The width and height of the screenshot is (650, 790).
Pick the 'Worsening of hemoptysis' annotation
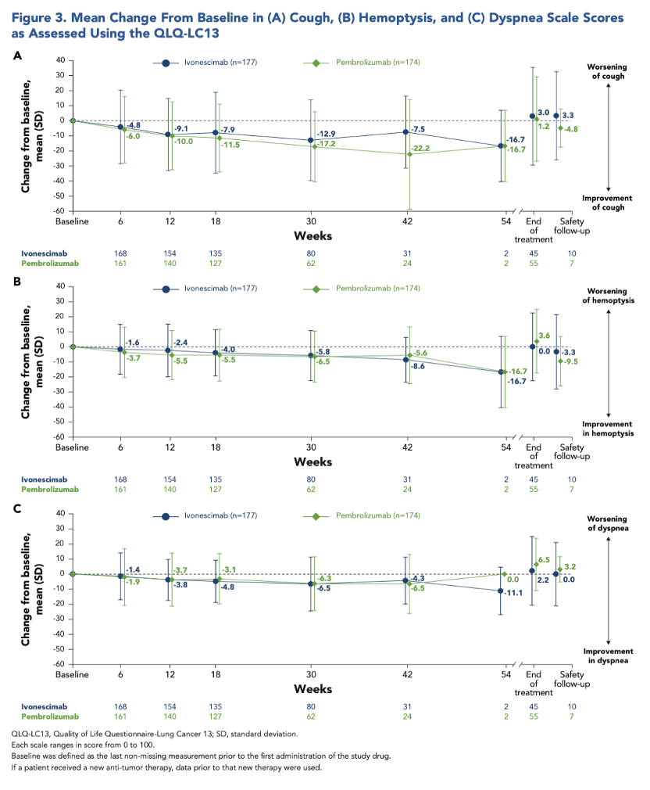pos(608,296)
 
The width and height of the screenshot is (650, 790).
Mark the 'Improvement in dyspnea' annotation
pos(608,655)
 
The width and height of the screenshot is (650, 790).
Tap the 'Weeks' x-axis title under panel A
pos(312,235)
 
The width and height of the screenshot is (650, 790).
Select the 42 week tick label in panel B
pos(407,447)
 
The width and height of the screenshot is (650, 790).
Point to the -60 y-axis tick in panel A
pos(59,211)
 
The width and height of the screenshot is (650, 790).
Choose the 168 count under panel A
pos(120,253)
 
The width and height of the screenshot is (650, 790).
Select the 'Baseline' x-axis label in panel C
pos(72,674)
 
